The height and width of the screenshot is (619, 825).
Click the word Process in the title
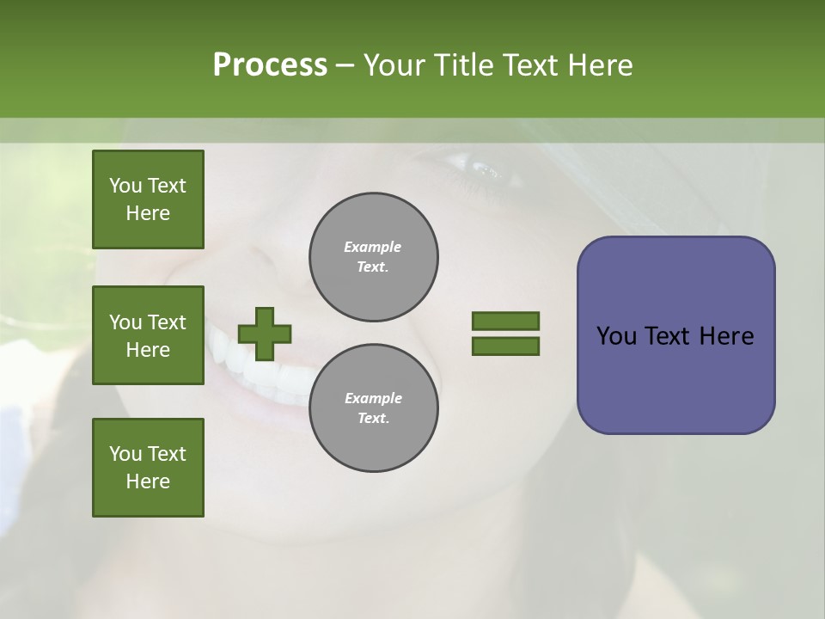coord(270,65)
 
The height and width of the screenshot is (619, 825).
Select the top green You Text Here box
coord(148,199)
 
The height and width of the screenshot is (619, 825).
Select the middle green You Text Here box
coord(148,335)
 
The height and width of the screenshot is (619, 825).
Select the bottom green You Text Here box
coord(148,468)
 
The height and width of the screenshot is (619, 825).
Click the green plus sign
coord(265,334)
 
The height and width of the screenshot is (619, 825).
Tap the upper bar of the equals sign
coord(506,322)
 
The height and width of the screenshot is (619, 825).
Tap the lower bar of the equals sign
coord(506,346)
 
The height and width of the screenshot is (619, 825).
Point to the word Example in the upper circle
coord(373,247)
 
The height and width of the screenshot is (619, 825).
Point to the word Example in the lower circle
coord(373,398)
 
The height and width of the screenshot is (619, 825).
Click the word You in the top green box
coord(125,186)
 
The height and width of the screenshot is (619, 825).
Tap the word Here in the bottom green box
coord(148,481)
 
